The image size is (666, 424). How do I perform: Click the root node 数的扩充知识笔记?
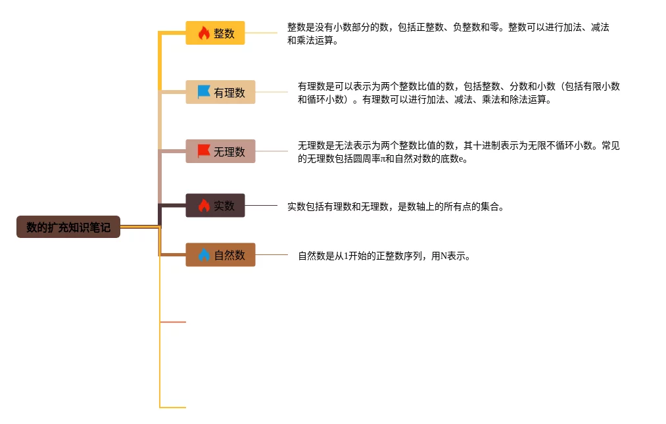point(68,227)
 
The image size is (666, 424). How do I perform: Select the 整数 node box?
point(215,33)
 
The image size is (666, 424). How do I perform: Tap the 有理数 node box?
point(220,92)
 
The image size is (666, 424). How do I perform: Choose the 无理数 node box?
point(220,151)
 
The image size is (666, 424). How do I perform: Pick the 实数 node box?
point(215,205)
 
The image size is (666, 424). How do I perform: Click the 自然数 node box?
point(220,254)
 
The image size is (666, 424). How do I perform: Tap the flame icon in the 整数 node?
point(204,33)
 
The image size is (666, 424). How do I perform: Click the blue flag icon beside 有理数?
point(204,92)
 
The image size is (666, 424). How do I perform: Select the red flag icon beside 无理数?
point(204,151)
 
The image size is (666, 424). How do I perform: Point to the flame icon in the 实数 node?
point(204,205)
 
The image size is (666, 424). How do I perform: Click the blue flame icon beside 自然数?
point(204,254)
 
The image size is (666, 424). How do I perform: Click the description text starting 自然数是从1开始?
point(384,256)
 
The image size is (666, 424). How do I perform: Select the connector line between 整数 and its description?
point(261,33)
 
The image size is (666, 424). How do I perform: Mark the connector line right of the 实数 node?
point(261,205)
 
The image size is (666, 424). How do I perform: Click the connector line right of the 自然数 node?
point(272,254)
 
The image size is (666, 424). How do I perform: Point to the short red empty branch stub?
point(173,322)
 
